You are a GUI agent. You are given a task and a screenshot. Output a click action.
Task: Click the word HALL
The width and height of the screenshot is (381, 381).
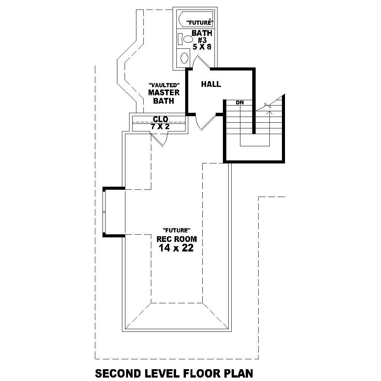[211, 84]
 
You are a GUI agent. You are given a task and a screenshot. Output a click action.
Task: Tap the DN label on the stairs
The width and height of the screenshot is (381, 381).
[240, 102]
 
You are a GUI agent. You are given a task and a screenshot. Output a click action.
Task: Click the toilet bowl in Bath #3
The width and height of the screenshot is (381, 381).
[188, 39]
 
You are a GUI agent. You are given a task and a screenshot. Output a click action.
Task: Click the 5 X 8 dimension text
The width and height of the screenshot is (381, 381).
[202, 47]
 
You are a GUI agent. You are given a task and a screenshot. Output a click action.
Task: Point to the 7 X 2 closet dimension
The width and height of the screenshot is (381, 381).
[160, 127]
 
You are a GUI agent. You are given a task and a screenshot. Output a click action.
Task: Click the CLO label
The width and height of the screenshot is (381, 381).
[160, 120]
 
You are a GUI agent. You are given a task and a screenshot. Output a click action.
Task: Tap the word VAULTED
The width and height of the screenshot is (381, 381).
[164, 85]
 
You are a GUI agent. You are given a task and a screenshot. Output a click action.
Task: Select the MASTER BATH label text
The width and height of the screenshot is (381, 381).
[164, 97]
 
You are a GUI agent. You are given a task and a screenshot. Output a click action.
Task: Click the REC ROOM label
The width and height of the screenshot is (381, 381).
[177, 239]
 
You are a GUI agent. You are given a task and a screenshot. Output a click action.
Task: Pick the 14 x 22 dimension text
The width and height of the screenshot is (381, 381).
[176, 249]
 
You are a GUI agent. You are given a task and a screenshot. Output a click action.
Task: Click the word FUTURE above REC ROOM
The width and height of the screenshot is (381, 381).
[176, 230]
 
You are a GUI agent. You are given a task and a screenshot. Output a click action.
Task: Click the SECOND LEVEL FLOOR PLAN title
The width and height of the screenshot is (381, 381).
[174, 372]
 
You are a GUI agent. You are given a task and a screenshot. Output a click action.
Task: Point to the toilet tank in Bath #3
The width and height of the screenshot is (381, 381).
[180, 39]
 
